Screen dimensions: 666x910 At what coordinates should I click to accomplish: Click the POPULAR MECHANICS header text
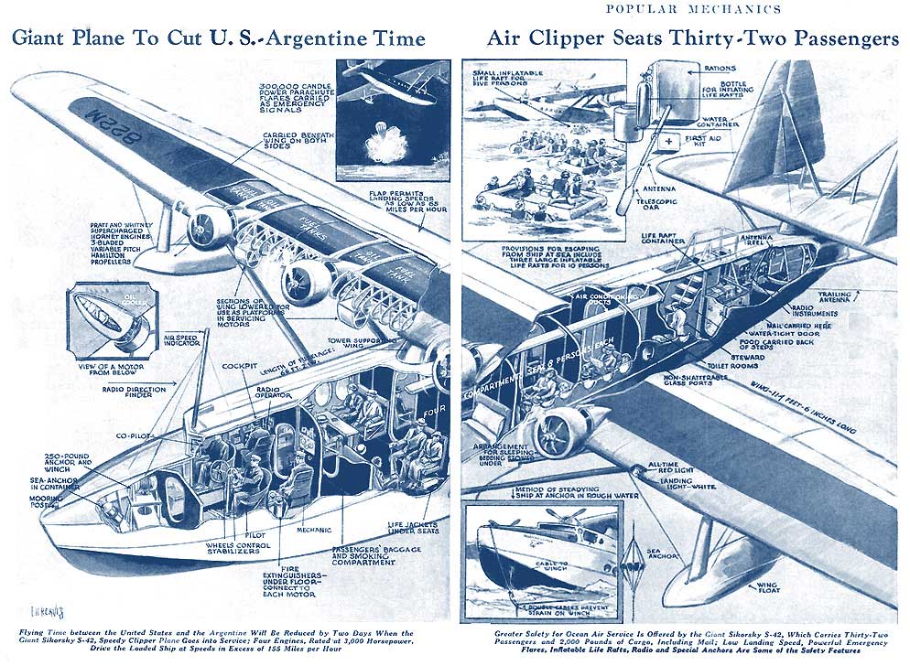(x=693, y=9)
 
